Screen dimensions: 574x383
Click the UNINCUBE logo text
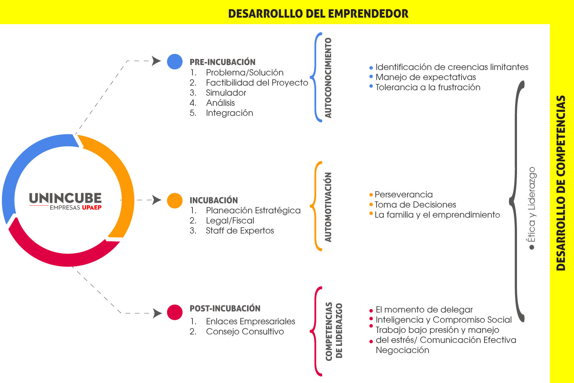(x=65, y=198)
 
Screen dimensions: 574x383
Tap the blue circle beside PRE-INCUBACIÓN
(x=175, y=62)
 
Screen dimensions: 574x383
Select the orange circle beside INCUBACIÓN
(x=175, y=200)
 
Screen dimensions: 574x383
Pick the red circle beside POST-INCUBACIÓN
(x=175, y=312)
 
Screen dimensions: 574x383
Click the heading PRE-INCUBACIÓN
(x=222, y=62)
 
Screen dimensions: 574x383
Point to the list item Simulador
(x=226, y=93)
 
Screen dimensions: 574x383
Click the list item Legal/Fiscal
(x=230, y=220)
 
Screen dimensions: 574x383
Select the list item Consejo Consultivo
(x=245, y=331)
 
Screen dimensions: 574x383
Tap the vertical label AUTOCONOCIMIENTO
(x=328, y=78)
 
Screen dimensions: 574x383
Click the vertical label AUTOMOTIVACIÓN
(x=328, y=207)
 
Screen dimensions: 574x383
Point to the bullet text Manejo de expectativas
(x=426, y=77)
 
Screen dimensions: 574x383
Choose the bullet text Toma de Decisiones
(x=415, y=205)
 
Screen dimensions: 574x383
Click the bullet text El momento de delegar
(x=424, y=309)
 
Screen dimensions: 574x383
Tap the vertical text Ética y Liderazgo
(x=531, y=205)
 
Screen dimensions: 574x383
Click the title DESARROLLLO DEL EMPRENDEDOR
(x=318, y=13)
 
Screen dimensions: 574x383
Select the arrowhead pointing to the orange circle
(x=157, y=200)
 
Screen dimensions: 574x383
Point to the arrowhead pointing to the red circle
(x=157, y=313)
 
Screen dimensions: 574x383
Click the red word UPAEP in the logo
(x=92, y=208)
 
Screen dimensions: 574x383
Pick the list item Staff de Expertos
(x=240, y=231)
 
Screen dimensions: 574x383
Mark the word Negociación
(x=402, y=350)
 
